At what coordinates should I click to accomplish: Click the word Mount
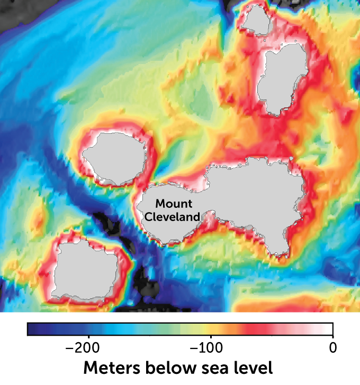click(174, 204)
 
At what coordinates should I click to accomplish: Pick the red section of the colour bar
click(254, 329)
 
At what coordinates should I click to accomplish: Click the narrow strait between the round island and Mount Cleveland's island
click(149, 177)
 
